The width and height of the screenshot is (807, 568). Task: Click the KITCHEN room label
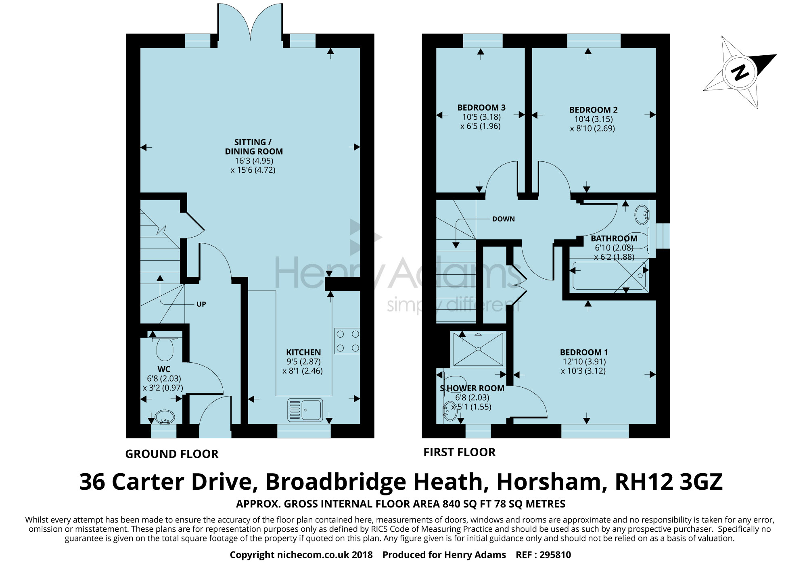(303, 352)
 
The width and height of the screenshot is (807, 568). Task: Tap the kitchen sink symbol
(305, 409)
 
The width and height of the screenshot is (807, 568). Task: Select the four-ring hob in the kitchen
(347, 341)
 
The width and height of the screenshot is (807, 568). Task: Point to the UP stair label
(201, 304)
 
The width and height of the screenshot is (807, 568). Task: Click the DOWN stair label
(504, 219)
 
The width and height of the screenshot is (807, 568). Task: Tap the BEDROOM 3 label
(481, 108)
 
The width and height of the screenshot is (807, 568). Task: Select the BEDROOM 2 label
(594, 110)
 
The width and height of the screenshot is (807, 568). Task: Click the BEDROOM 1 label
(584, 352)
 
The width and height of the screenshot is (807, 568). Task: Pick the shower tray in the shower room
(478, 349)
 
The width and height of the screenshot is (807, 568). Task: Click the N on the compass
(740, 73)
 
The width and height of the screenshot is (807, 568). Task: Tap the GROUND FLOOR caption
(172, 454)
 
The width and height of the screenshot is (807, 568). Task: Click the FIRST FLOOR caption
(460, 453)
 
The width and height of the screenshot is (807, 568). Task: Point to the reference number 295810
(555, 555)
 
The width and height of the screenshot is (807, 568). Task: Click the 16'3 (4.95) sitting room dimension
(254, 161)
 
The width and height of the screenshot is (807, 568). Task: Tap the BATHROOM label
(614, 238)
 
